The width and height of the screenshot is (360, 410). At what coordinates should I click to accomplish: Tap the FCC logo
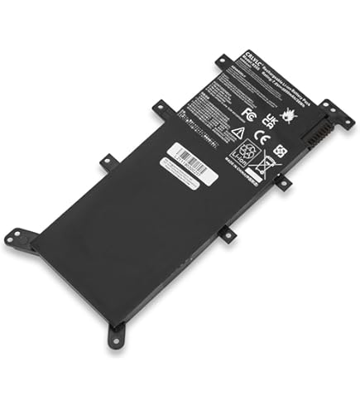coord(247,109)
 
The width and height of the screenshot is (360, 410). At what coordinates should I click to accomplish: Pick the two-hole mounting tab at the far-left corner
coord(12,238)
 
